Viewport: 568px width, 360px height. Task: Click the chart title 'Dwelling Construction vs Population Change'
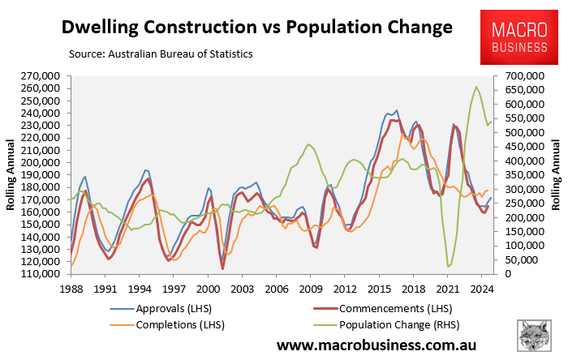coord(257,27)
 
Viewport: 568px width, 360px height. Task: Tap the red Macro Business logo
coord(519,37)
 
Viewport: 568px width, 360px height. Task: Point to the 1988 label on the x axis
coord(71,287)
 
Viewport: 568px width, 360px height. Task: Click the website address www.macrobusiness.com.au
coord(392,345)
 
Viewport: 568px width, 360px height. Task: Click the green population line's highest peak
coord(475,87)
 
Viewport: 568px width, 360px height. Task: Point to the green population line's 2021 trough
coord(448,267)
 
